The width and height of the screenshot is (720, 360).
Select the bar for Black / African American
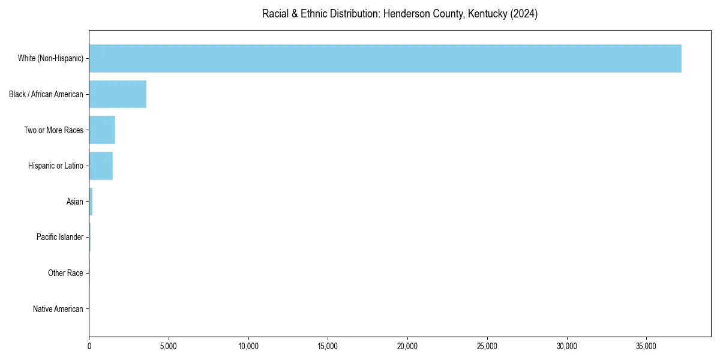[x=118, y=94]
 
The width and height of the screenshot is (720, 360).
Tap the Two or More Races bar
[x=102, y=130]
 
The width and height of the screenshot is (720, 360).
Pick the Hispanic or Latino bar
[x=101, y=166]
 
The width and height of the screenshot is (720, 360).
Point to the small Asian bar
[x=91, y=202]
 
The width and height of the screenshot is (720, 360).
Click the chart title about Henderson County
[x=400, y=14]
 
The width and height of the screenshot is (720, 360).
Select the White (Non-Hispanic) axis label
[x=50, y=58]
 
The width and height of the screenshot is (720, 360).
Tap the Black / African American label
[x=46, y=94]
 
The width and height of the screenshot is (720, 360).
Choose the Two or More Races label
[x=53, y=130]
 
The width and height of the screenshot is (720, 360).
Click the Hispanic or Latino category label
[x=56, y=166]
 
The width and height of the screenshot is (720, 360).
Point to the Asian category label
[x=75, y=202]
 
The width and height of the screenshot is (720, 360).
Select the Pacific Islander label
[x=60, y=238]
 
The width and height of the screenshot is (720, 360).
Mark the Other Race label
[x=65, y=274]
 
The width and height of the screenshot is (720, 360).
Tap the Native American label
[x=58, y=310]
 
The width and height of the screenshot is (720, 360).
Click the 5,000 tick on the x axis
[x=169, y=346]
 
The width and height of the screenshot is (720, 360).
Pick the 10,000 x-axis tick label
[x=248, y=346]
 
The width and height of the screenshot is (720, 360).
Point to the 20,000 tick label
[x=407, y=346]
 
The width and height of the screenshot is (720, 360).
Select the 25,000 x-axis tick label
[x=487, y=346]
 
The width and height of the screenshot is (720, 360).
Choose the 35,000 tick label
[x=646, y=346]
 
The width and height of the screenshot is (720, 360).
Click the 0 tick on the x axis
[x=89, y=346]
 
